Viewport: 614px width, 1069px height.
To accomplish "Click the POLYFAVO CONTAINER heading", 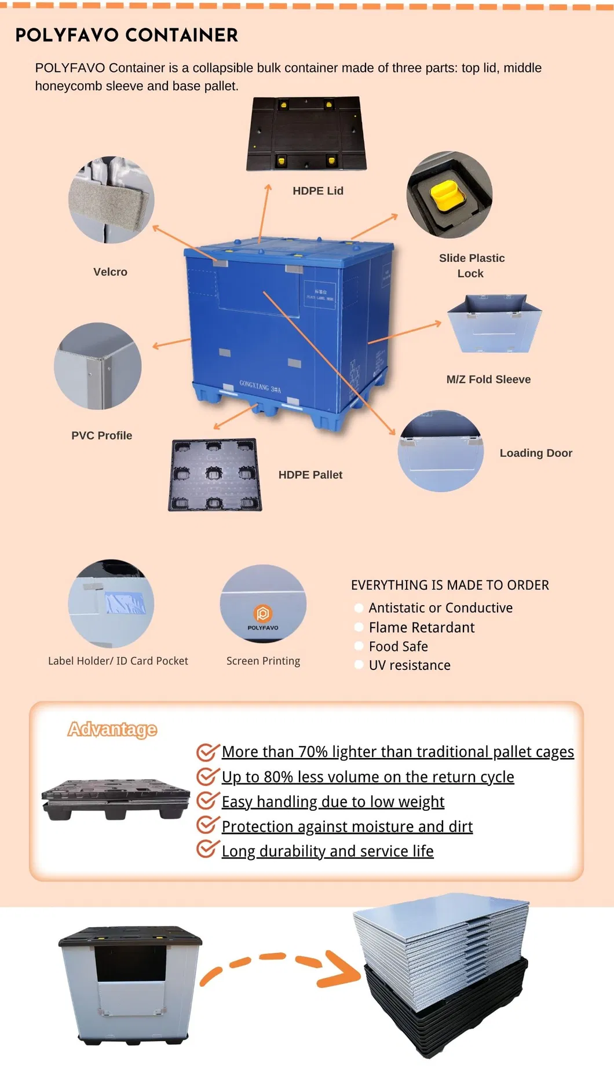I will [x=126, y=35].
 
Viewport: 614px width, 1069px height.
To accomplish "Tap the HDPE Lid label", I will [x=318, y=191].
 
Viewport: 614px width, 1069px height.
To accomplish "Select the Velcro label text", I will [x=110, y=272].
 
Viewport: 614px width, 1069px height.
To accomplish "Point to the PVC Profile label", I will [x=101, y=435].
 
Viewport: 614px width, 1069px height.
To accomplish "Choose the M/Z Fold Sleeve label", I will [x=488, y=379].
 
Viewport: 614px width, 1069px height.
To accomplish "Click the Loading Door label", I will [x=536, y=453].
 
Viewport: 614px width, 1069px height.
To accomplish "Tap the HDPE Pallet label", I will [x=310, y=475].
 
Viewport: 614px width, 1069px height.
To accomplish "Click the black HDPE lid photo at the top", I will [x=306, y=134].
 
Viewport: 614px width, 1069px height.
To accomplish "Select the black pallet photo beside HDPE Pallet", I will [x=215, y=475].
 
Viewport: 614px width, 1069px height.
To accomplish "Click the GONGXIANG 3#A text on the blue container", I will [x=260, y=386].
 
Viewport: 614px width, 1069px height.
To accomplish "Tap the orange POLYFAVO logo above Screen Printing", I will [x=263, y=613].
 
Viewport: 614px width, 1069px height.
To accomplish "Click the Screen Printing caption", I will [x=263, y=661].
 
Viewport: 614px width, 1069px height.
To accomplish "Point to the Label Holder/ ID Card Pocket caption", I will [x=118, y=661].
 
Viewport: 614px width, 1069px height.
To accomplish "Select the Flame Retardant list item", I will [x=421, y=628].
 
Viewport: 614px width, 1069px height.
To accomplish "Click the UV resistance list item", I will [x=409, y=665].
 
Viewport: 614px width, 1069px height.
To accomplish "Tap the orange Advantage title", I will [x=112, y=729].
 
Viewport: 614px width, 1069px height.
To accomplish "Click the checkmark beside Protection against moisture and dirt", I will [x=207, y=825].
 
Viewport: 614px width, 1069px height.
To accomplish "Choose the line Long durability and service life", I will [x=327, y=851].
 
